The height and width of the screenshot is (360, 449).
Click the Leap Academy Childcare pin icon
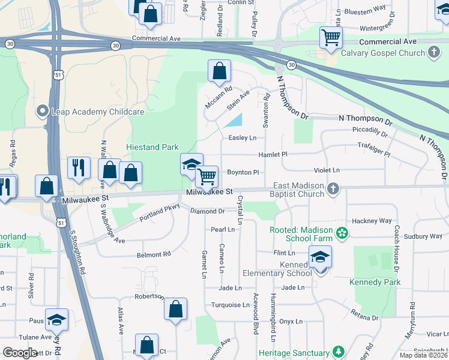tap(42, 111)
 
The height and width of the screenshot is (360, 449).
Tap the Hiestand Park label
tap(152, 147)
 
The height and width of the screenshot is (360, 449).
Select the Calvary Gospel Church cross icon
tap(434, 53)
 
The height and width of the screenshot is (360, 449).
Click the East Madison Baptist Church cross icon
tap(333, 190)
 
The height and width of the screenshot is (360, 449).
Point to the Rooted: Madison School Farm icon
tap(342, 232)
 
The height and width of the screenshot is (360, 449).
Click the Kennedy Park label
tap(375, 282)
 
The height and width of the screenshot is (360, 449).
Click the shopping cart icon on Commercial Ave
tap(331, 38)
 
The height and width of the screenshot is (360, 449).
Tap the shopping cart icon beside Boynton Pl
tap(207, 176)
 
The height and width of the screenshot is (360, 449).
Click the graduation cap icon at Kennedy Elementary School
tap(321, 257)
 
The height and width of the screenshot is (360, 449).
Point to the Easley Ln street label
tap(243, 137)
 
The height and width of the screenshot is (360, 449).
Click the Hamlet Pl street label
tap(273, 154)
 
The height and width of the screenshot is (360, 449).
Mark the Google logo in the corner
tap(20, 352)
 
